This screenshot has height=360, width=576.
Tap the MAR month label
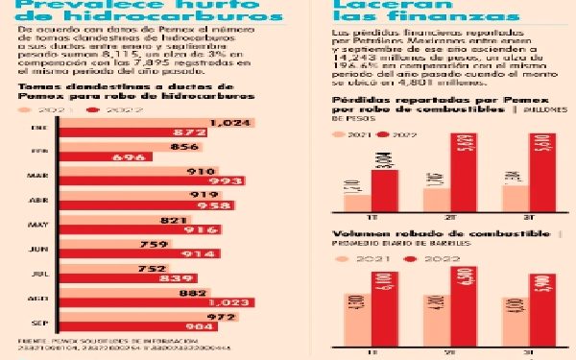coord(39,177)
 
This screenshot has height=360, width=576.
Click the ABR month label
coord(39,201)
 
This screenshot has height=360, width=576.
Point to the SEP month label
coord(39,322)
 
